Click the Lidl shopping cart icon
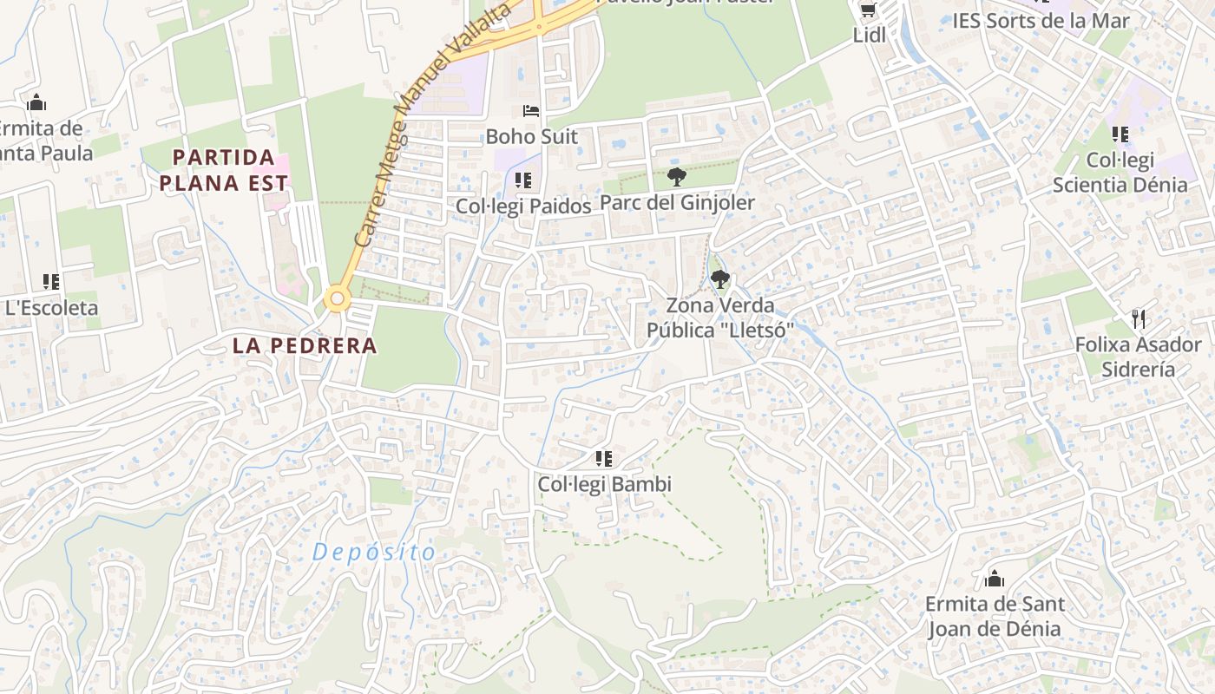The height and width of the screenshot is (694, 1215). click(x=868, y=10)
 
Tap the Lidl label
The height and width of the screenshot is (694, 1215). click(x=869, y=36)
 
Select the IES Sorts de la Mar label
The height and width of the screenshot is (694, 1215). click(x=1041, y=21)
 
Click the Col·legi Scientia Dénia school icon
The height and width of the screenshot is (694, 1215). click(x=1120, y=134)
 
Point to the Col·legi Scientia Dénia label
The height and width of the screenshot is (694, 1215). click(x=1120, y=173)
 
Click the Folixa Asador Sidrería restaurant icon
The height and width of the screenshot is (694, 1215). click(x=1139, y=319)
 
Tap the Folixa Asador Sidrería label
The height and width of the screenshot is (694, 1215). click(x=1138, y=357)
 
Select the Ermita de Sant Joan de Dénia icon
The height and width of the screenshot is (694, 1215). click(x=995, y=578)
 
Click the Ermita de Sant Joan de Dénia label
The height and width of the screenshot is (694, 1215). click(x=995, y=616)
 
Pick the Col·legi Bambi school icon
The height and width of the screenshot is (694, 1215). click(x=604, y=459)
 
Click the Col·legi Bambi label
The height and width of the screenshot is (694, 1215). click(x=605, y=484)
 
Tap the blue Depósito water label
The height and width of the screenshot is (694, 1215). click(x=374, y=552)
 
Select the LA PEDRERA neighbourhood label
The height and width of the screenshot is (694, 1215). click(x=305, y=345)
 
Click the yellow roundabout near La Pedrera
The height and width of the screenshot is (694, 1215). click(x=337, y=300)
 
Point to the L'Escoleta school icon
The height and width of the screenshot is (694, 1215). click(x=51, y=282)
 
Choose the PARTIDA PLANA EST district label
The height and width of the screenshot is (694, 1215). click(x=224, y=170)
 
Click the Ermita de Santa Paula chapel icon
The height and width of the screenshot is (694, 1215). click(x=36, y=103)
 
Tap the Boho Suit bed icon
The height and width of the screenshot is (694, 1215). click(x=531, y=111)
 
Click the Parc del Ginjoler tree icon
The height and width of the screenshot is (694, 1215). click(x=677, y=178)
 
